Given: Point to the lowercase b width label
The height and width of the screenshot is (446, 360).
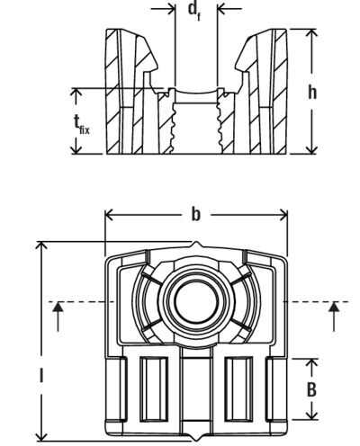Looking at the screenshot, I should point(195,215).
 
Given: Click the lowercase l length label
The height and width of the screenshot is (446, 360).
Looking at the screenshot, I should point(40,374).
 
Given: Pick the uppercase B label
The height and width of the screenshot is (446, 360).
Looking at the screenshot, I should point(312,389).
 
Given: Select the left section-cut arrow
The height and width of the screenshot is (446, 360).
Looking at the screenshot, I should point(58,311).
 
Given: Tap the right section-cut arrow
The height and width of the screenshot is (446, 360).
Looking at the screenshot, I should point(335,311).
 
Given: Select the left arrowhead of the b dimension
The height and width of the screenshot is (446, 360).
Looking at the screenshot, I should point(110,215).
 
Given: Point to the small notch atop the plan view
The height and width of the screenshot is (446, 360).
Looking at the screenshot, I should point(196,246).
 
